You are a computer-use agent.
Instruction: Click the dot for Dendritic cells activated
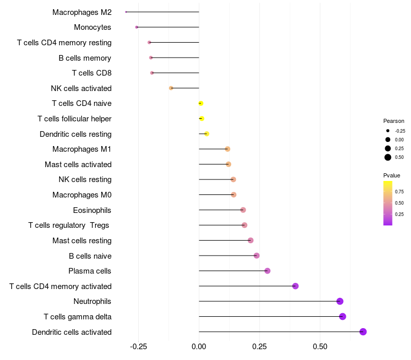363,332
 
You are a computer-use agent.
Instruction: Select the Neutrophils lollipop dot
340,301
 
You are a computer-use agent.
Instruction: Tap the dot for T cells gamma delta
343,316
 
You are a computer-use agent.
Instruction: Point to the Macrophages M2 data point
126,12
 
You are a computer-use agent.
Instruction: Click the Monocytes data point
137,27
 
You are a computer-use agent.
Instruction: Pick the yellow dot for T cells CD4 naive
201,103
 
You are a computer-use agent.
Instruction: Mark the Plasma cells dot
267,271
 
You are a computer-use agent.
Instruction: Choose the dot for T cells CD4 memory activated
295,286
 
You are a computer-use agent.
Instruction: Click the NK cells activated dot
171,88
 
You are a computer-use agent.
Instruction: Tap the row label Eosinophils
92,210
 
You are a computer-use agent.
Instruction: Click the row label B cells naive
90,256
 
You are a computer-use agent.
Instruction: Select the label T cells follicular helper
74,119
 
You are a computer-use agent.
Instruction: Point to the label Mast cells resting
82,240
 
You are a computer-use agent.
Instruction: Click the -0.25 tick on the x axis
138,347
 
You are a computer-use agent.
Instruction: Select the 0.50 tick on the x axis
320,347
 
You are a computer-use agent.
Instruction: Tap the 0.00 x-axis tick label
199,347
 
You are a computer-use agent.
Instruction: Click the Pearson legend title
394,121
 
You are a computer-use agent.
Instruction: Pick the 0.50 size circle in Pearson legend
388,157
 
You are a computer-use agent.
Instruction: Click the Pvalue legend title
392,175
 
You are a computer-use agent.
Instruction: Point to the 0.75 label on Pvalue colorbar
399,191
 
